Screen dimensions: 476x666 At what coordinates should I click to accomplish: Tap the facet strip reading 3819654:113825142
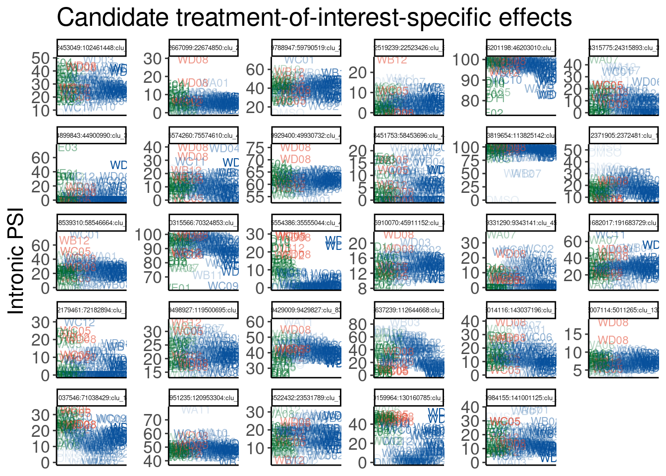point(520,135)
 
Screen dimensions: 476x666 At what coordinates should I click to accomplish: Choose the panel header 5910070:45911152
point(408,223)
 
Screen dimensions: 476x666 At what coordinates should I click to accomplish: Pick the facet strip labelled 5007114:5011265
point(623,310)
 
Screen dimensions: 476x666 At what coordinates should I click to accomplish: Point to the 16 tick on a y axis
point(360,258)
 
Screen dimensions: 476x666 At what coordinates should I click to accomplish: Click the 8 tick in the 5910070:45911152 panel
point(363,288)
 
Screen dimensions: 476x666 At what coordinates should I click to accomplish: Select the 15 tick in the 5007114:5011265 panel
point(573,335)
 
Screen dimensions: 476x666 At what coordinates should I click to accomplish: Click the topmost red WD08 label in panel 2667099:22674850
point(193,60)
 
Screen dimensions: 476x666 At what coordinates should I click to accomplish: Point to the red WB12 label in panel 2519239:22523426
point(391,60)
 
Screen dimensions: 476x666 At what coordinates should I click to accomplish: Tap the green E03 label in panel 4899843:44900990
point(67,147)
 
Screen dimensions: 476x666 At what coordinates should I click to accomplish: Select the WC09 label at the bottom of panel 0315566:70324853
point(223,286)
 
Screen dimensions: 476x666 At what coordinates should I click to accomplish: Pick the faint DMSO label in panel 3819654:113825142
point(502,200)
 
